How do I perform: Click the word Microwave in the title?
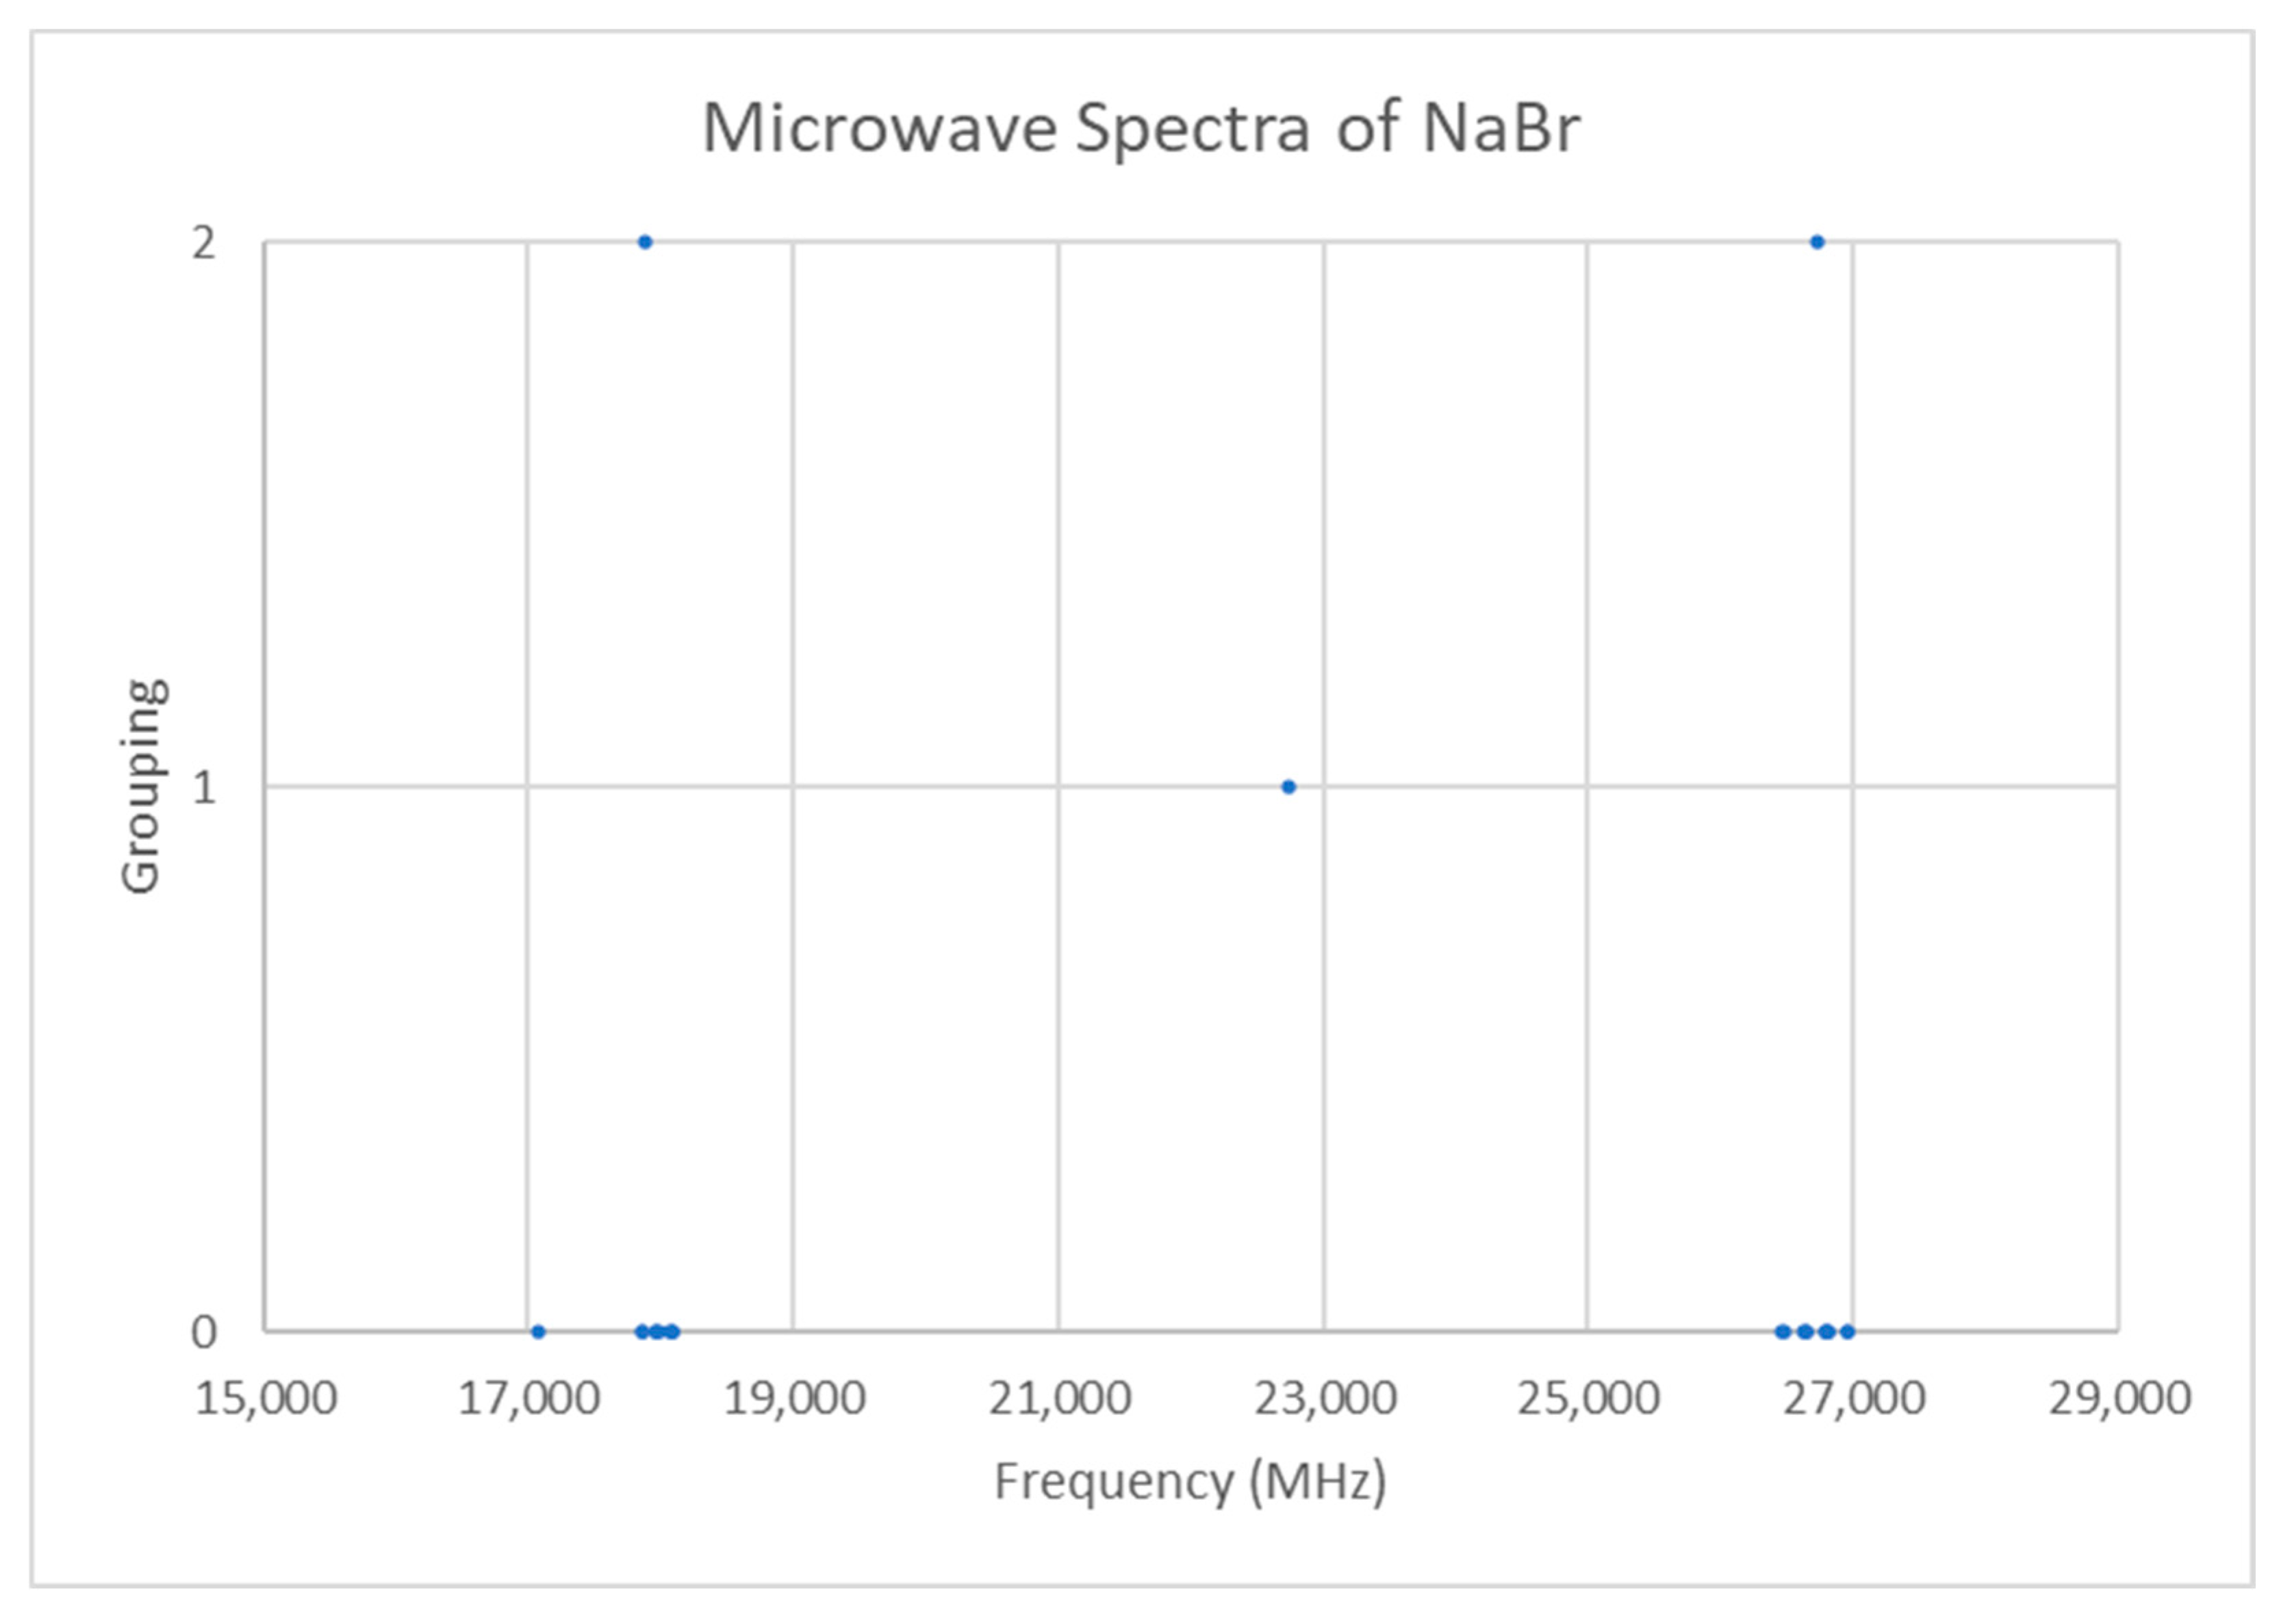(x=879, y=129)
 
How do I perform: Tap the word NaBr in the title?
(x=1501, y=129)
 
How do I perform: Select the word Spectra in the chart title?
(x=1193, y=129)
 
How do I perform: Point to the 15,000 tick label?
(x=265, y=1399)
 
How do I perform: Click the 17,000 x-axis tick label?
(x=529, y=1399)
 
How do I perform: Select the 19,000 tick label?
(x=793, y=1399)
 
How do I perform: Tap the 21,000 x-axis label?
(x=1059, y=1399)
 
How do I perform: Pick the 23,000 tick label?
(x=1324, y=1399)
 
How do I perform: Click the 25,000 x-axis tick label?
(x=1588, y=1399)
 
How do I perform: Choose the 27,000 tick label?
(x=1853, y=1399)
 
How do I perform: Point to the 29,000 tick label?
(x=2119, y=1399)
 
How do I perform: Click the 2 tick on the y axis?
(x=203, y=242)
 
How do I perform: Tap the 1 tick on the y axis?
(x=203, y=787)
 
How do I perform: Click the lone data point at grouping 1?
(x=1288, y=787)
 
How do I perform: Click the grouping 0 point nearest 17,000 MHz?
(x=538, y=1331)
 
